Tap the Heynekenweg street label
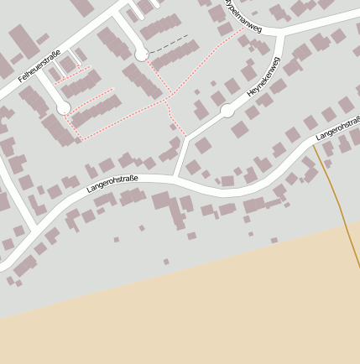[262, 81]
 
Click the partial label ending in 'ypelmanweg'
[243, 17]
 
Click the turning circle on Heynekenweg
[227, 111]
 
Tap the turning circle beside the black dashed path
[141, 55]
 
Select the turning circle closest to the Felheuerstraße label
[63, 108]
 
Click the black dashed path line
[168, 44]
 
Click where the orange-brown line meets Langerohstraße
[315, 143]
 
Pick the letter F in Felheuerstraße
[20, 80]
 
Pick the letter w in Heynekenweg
[270, 72]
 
